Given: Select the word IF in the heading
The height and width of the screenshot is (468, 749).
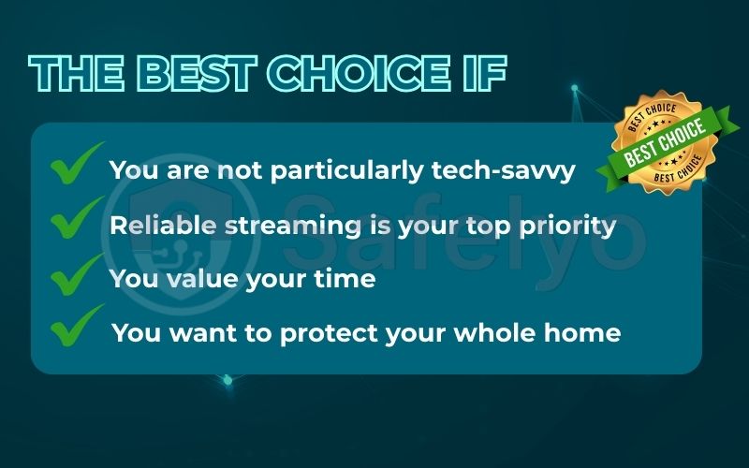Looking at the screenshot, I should click(481, 73).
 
